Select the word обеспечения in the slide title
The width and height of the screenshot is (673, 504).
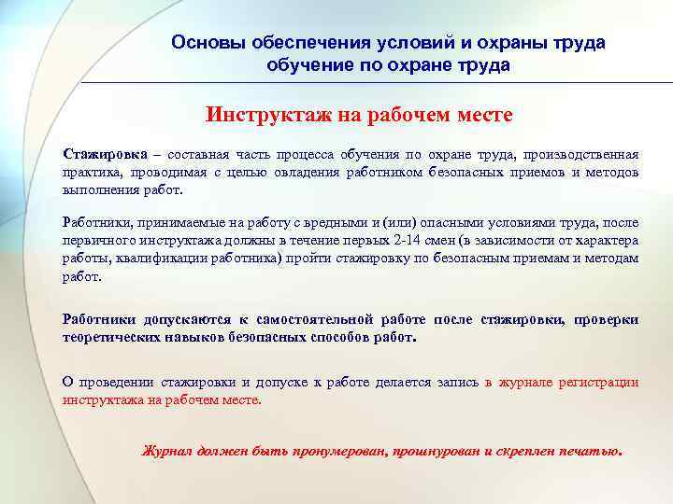297,43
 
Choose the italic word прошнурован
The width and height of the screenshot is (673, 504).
430,451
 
